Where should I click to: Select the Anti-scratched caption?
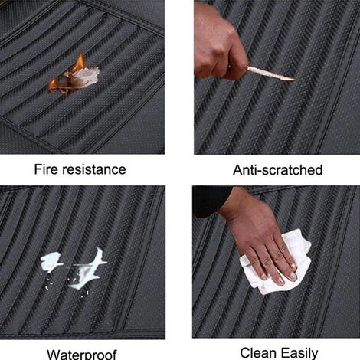[277, 170]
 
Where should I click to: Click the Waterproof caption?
[82, 355]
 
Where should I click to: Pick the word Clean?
[258, 353]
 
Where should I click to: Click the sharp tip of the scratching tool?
[294, 80]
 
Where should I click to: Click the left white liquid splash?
[51, 261]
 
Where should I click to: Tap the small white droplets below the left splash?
[48, 283]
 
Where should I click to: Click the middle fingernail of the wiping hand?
[280, 281]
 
